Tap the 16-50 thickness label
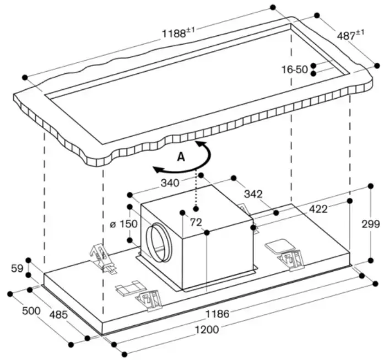coord(294,69)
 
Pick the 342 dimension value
coord(253,194)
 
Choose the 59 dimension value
coord(17,268)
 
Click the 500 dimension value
coord(31,310)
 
